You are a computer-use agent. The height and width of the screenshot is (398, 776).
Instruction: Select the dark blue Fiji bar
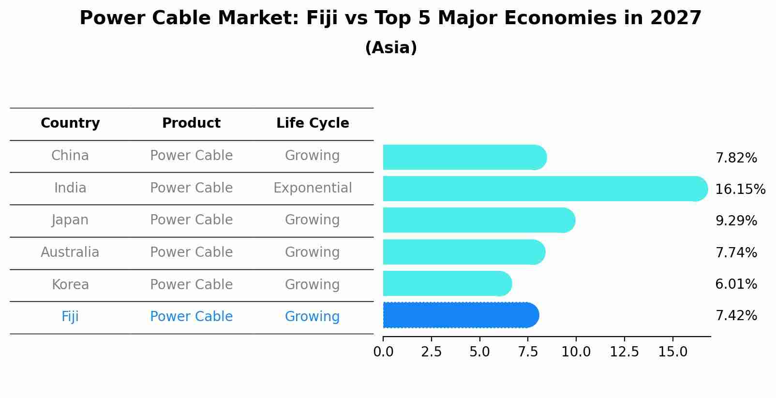coord(460,315)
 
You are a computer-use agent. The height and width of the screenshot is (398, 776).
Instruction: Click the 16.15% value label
coord(740,190)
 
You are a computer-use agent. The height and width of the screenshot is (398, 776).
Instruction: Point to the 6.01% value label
coord(736,284)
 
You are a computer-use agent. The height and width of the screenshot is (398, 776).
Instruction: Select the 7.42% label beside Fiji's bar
coord(736,316)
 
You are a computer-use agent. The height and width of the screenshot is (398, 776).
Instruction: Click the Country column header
coord(70,123)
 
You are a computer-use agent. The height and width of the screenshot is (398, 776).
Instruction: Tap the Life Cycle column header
coord(313,123)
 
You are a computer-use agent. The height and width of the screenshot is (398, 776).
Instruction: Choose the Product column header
coord(191,123)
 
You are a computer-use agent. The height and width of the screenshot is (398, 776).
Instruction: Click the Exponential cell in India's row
coord(313,188)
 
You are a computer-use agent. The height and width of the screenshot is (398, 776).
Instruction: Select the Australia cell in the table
coord(70,252)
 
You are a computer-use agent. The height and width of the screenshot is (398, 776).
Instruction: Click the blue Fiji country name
coord(70,317)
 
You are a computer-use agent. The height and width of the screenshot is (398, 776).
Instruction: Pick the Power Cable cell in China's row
coord(191,156)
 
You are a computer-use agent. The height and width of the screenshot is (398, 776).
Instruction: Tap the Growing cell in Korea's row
coord(312,285)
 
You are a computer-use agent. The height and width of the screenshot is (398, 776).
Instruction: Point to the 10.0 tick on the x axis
coord(576,352)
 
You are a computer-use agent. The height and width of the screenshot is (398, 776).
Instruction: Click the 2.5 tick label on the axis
coord(431,352)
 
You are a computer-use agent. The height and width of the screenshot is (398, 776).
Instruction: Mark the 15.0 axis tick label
coord(672,352)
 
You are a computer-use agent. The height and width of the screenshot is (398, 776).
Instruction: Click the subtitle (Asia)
coord(391,48)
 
